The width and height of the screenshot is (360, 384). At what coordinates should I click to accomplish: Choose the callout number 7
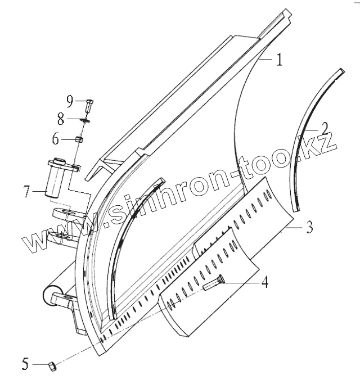[26, 192]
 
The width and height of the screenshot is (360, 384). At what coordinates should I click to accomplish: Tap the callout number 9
[69, 101]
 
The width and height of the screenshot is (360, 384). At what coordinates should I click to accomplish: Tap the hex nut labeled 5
[51, 366]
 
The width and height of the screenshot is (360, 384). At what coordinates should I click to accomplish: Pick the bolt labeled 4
[214, 282]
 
